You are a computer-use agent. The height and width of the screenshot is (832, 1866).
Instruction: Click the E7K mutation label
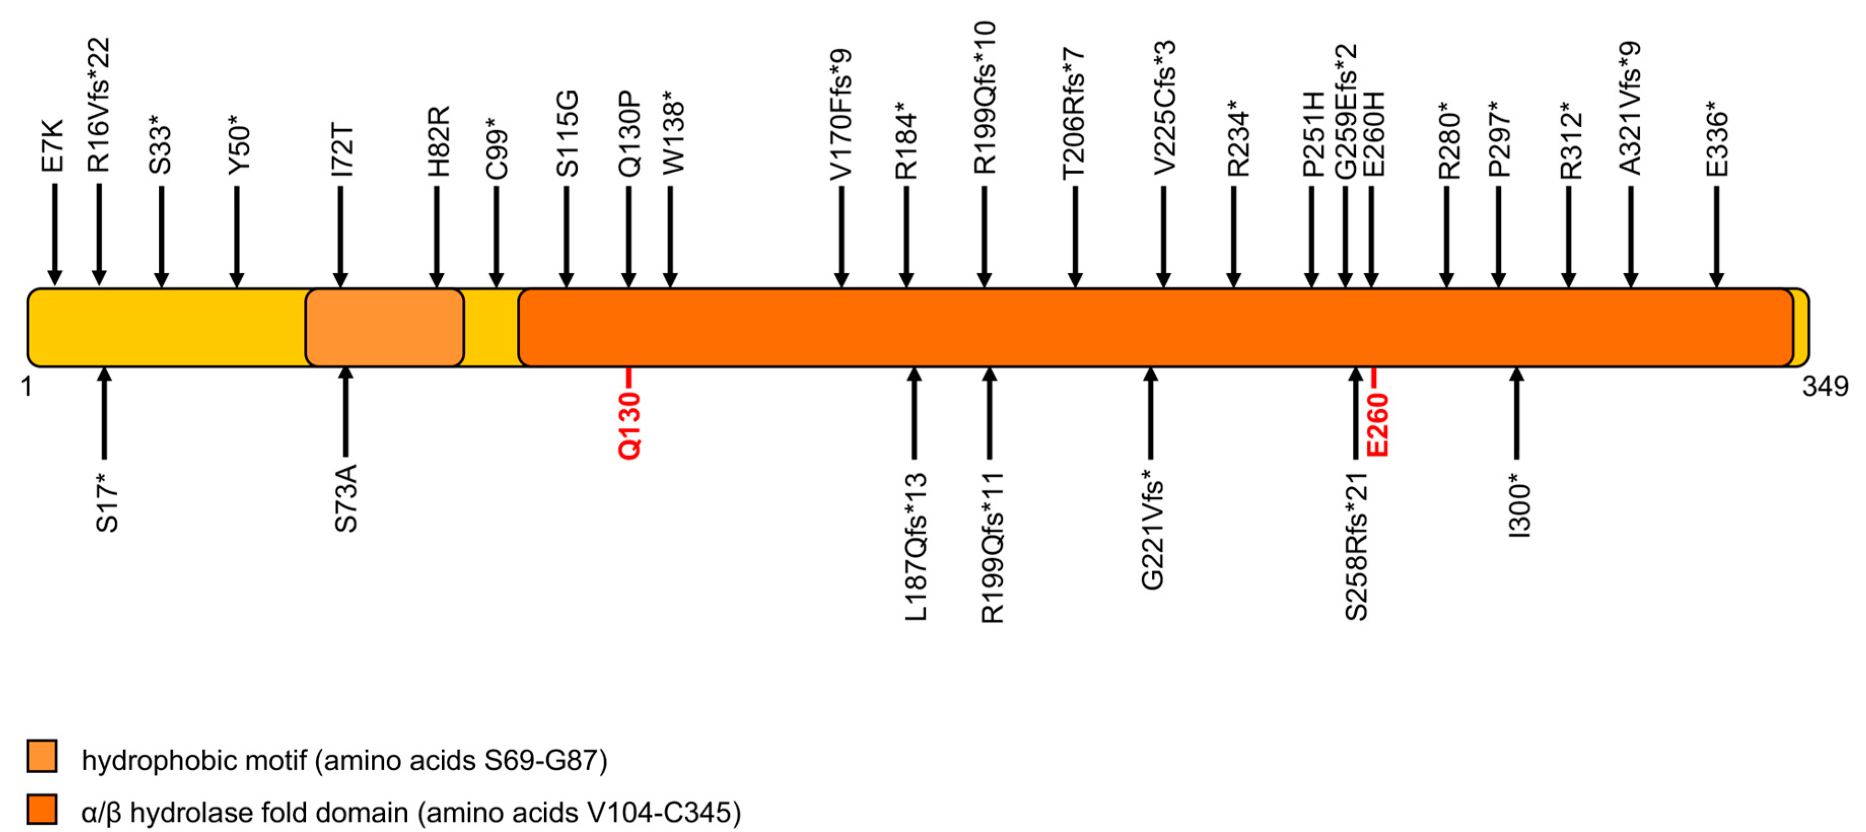(x=53, y=146)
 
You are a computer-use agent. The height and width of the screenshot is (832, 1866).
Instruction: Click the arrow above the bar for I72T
(x=340, y=235)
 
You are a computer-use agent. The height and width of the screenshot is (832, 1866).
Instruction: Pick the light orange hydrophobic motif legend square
(x=42, y=756)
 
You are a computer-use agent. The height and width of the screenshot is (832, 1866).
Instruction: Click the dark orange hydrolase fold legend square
(x=42, y=809)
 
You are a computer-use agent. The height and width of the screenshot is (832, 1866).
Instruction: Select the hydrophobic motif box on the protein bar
(x=384, y=328)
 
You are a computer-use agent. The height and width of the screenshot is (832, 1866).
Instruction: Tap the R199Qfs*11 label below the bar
(x=992, y=548)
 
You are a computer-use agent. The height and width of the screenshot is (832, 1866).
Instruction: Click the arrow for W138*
(x=670, y=235)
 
